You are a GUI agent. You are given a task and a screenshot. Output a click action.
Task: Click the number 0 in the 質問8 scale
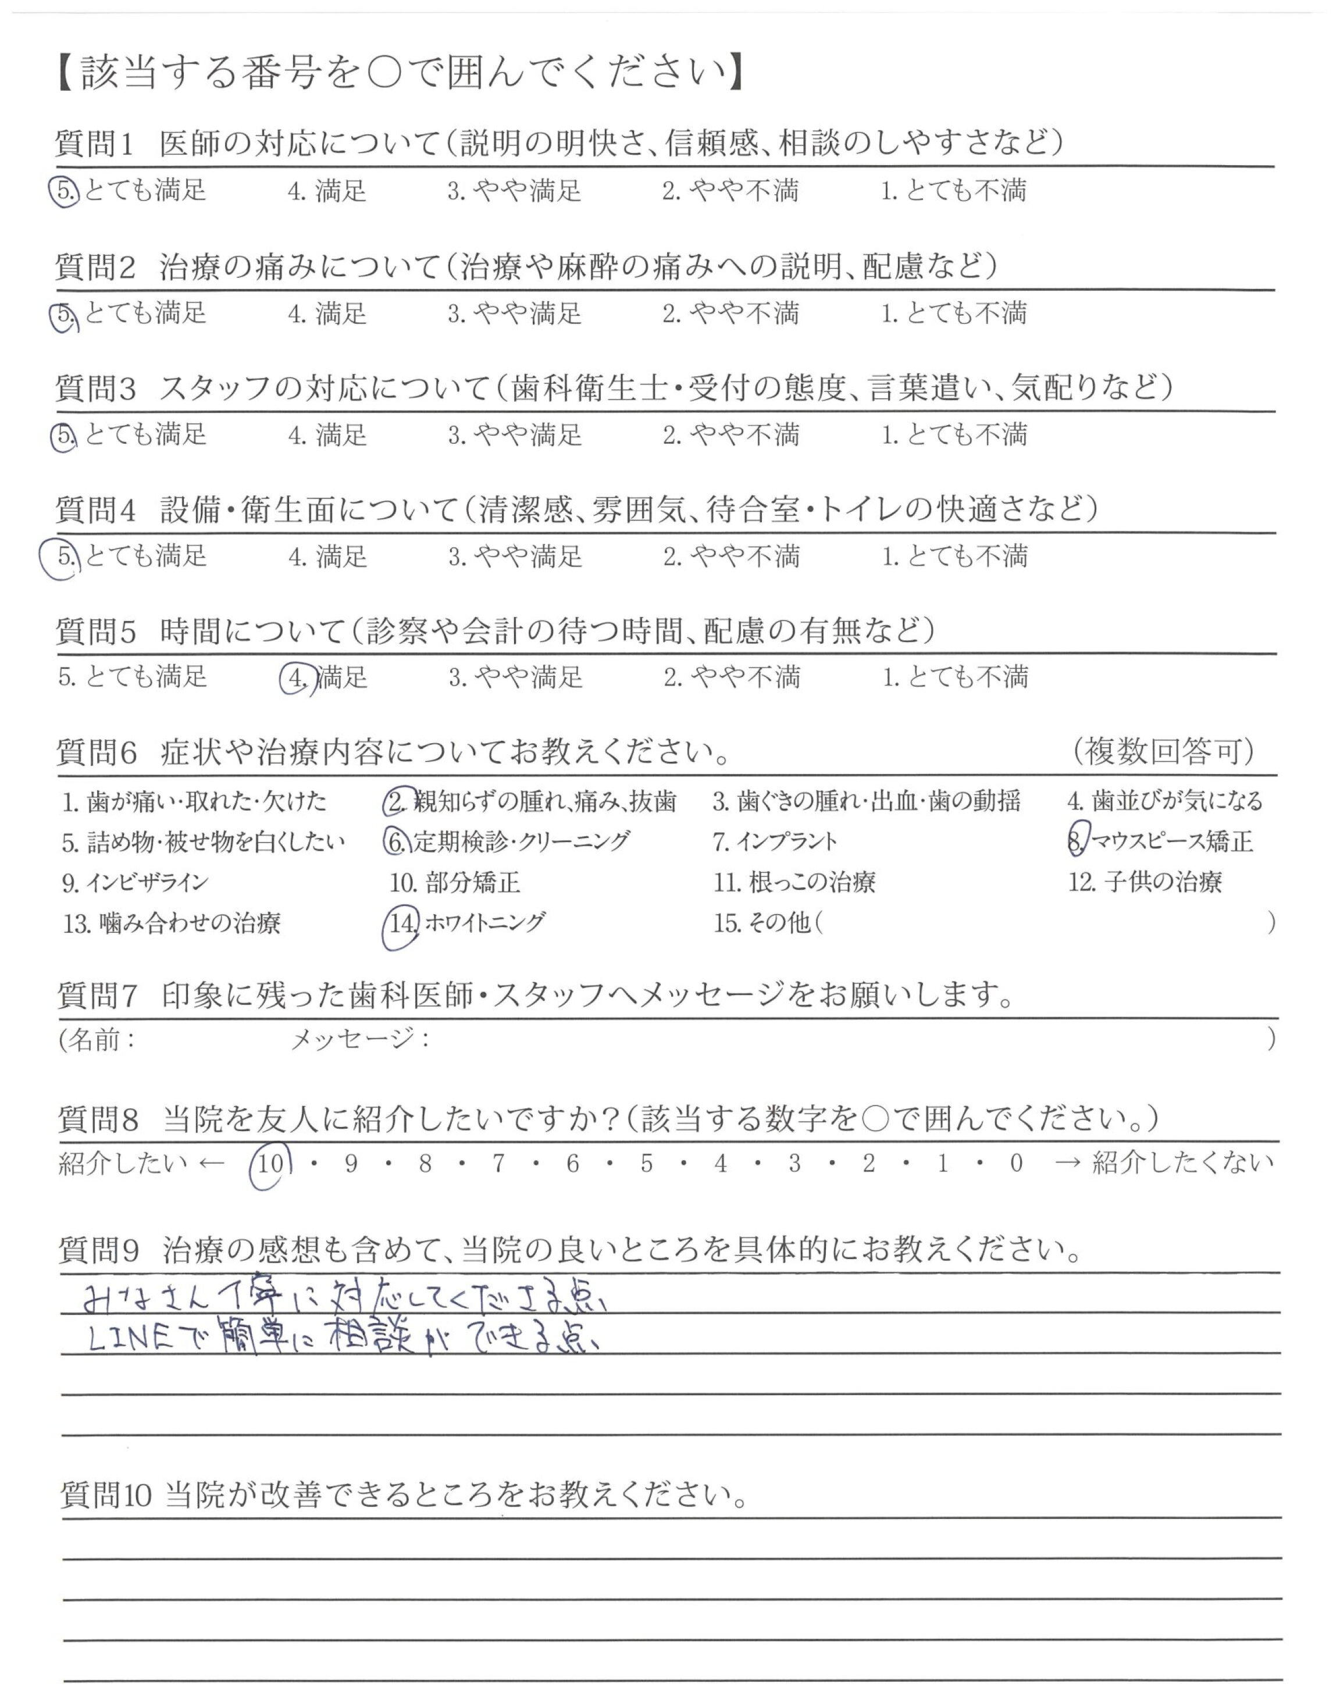click(x=1016, y=1163)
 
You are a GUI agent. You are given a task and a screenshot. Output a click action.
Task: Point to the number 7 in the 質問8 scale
click(x=498, y=1163)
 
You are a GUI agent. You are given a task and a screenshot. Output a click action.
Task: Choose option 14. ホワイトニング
click(x=467, y=923)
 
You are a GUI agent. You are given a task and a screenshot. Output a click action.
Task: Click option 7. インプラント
click(x=775, y=841)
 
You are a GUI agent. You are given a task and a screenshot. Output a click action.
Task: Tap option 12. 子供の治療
click(x=1145, y=882)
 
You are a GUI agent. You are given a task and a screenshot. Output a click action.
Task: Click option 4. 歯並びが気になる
click(x=1164, y=801)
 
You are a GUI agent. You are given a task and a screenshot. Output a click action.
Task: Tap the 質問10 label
click(x=105, y=1496)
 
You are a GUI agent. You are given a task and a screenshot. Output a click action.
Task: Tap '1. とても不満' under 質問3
click(x=954, y=434)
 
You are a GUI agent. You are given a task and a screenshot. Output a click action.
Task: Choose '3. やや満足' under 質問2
click(x=515, y=313)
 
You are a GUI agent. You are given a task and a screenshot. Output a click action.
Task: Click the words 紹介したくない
click(x=1183, y=1163)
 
